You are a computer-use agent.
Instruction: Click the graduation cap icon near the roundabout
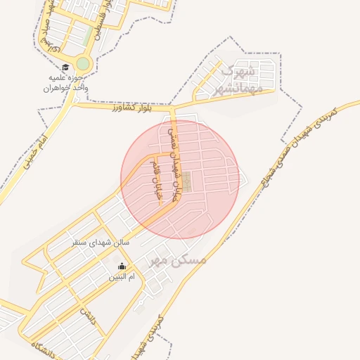[74, 68]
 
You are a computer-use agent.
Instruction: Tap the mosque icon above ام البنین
[122, 266]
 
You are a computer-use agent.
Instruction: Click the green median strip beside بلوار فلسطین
[86, 35]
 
